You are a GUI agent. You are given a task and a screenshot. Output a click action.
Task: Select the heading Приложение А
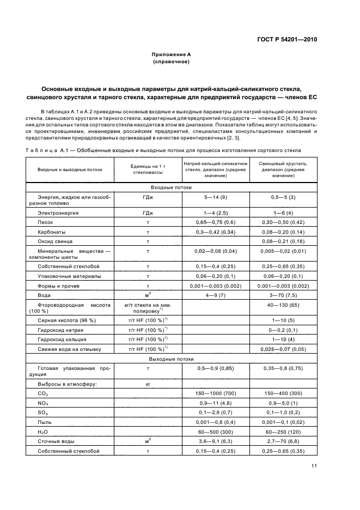(x=171, y=54)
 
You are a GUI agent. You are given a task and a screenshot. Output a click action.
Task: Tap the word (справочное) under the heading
(x=171, y=62)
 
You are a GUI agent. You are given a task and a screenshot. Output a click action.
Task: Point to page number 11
(x=314, y=465)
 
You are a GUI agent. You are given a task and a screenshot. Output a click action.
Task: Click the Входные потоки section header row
(x=171, y=186)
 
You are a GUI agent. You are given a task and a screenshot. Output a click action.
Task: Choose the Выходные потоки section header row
(x=171, y=359)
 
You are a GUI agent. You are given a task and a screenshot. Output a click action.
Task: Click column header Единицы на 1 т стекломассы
(x=144, y=169)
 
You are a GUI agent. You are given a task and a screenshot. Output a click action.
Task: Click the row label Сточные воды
(x=56, y=441)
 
